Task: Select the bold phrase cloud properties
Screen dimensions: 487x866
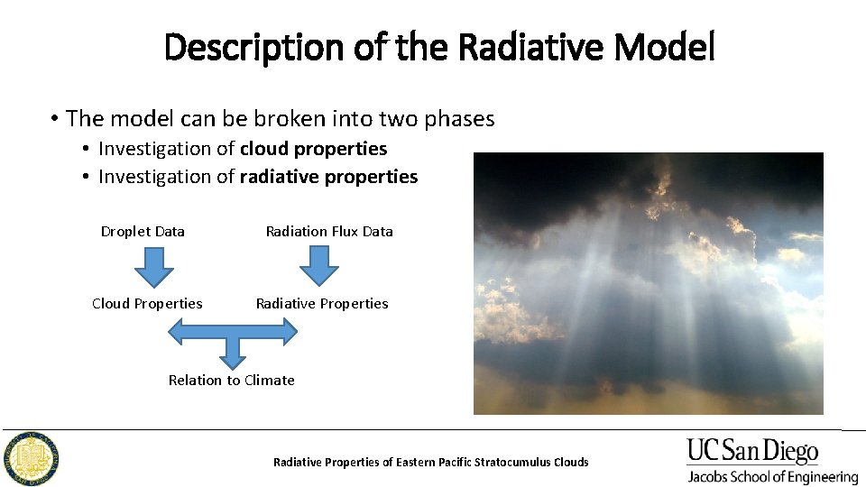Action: click(313, 149)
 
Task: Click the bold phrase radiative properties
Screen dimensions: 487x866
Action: click(328, 177)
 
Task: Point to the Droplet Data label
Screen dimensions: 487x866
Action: click(143, 232)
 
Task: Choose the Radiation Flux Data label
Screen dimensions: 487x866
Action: click(329, 232)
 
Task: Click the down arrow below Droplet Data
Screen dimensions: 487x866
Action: click(154, 266)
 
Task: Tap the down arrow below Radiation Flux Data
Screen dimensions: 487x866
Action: click(318, 266)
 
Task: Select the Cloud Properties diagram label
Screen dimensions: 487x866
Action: click(147, 304)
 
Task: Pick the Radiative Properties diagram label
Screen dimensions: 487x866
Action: click(322, 304)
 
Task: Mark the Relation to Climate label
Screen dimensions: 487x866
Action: click(232, 381)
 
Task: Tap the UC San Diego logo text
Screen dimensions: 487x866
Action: click(752, 451)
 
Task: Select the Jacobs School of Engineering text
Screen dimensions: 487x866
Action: click(772, 476)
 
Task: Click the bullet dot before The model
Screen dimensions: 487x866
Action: click(55, 119)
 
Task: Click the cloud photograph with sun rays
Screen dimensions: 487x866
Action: click(648, 283)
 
